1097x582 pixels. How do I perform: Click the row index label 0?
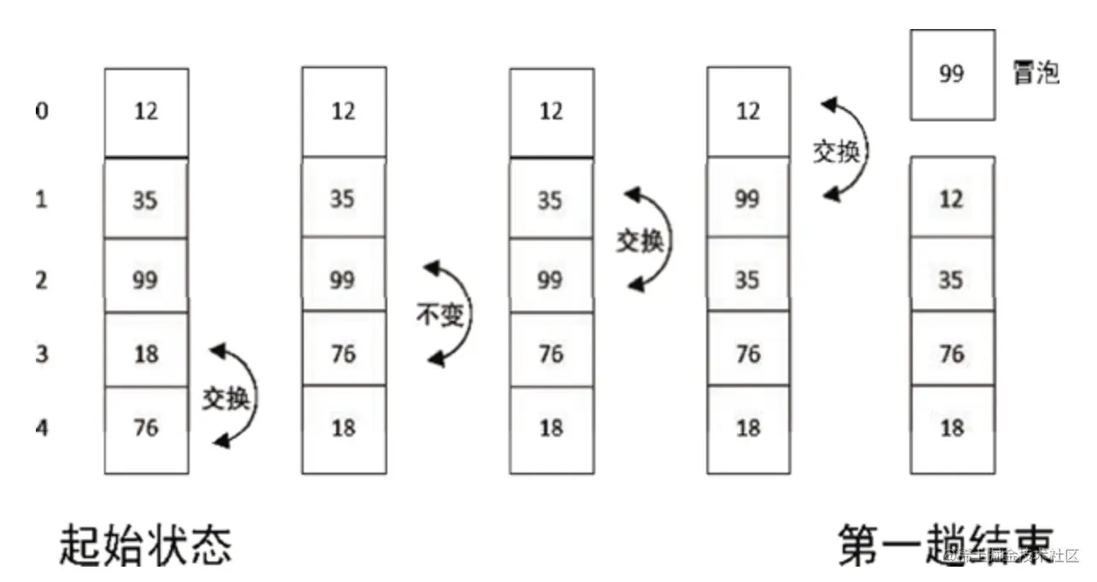point(42,112)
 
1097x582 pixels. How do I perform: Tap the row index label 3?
point(42,352)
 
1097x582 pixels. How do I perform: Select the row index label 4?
point(42,426)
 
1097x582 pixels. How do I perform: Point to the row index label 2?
point(42,279)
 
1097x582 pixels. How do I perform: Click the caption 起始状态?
point(145,544)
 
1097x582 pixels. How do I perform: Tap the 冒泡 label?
point(1035,73)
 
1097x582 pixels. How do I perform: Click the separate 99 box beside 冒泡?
point(952,74)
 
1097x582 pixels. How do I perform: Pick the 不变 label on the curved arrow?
point(440,316)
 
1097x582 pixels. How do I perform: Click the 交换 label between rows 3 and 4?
point(226,398)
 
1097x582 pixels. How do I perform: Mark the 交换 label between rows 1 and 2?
point(639,242)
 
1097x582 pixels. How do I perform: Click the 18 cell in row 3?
point(146,352)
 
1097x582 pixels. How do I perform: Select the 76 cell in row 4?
point(146,426)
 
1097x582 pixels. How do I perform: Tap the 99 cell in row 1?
point(748,200)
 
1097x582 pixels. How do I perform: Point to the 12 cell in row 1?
point(952,200)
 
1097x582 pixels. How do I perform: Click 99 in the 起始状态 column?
point(146,279)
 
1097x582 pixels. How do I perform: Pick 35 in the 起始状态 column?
point(146,200)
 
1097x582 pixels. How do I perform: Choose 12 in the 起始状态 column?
point(146,111)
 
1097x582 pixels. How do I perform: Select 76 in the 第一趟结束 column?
point(952,352)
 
